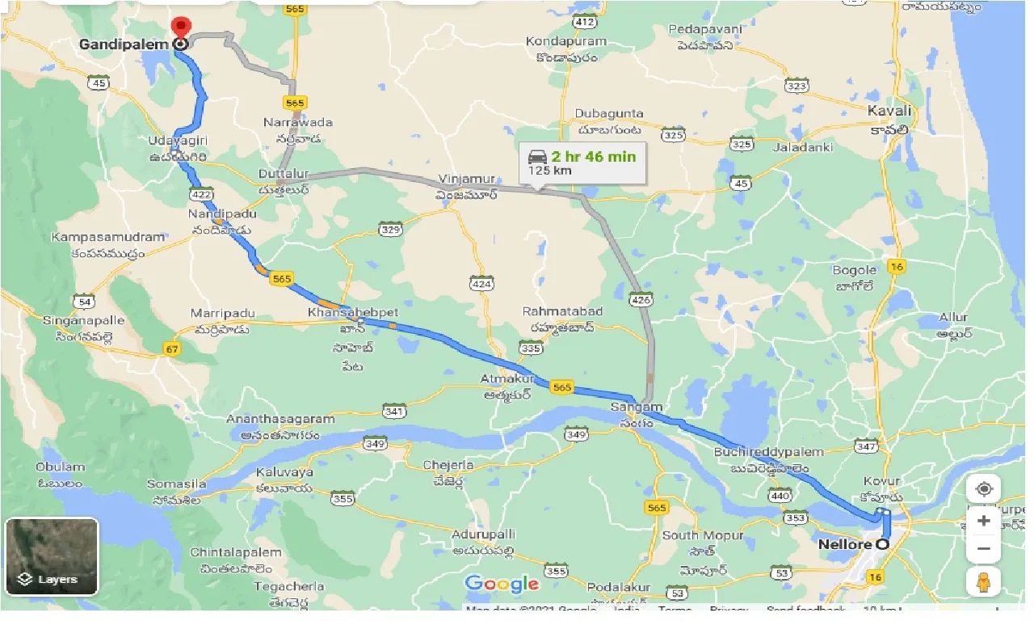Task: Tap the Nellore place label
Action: (844, 544)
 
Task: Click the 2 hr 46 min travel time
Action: (593, 156)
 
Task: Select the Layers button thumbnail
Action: (52, 556)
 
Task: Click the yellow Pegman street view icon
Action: (983, 581)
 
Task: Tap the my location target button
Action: (983, 489)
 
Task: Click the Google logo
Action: (502, 584)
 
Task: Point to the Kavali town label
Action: (889, 110)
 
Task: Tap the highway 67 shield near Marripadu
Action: (170, 348)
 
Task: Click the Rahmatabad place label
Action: (558, 311)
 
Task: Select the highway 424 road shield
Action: (481, 283)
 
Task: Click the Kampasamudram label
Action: (108, 238)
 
